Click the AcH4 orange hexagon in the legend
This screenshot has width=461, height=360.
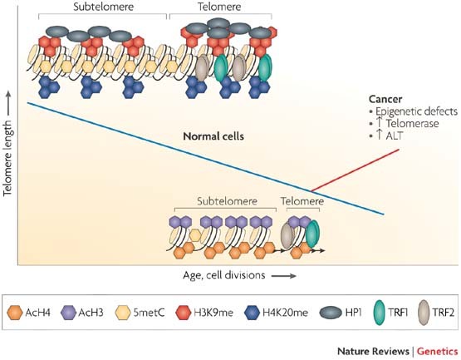(15, 313)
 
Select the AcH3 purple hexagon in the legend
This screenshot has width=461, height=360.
(68, 313)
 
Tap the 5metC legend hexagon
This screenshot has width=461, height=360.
(123, 313)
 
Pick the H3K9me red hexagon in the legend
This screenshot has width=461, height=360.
(184, 313)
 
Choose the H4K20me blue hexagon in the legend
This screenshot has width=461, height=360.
(253, 313)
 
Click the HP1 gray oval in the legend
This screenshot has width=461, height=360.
(331, 313)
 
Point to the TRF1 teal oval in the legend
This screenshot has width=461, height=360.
(380, 313)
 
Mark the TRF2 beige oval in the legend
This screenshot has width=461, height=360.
(424, 313)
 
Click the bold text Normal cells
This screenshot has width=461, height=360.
(213, 136)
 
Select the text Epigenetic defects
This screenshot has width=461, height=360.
(416, 111)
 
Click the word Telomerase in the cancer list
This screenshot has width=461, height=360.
(412, 123)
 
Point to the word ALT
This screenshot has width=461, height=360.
(394, 136)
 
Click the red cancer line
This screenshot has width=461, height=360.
(356, 170)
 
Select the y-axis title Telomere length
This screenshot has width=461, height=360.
(7, 158)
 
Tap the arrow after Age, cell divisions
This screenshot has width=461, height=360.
(283, 276)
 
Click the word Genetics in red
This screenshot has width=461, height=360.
(437, 351)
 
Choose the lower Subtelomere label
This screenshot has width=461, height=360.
(227, 201)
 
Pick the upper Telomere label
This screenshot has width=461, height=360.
(219, 7)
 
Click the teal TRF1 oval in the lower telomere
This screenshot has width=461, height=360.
(312, 234)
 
